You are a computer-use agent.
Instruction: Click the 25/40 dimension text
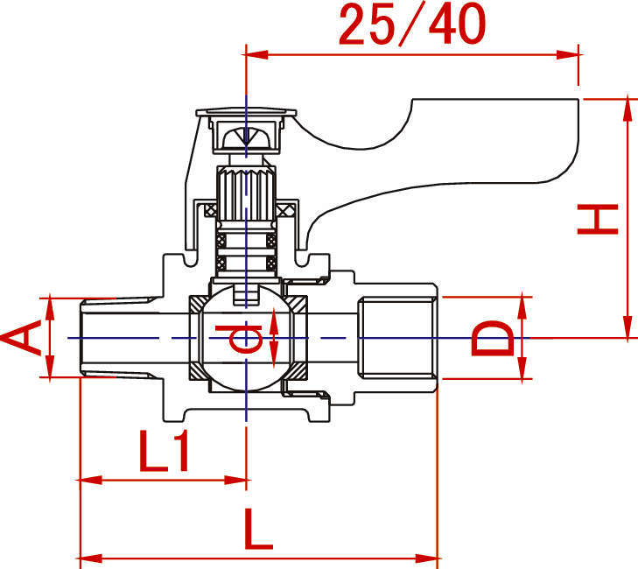point(412,25)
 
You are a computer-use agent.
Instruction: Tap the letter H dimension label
point(598,220)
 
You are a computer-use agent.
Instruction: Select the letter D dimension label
point(493,338)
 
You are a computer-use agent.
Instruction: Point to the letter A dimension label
point(21,337)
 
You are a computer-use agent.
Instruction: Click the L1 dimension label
point(164,452)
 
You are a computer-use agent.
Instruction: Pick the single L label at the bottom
point(257,529)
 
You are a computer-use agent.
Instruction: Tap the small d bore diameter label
point(239,339)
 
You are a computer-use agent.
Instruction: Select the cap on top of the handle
point(246,112)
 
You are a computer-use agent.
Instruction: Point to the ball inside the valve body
point(246,338)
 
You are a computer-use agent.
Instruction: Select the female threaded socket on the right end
point(397,338)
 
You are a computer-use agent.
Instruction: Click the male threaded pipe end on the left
point(122,338)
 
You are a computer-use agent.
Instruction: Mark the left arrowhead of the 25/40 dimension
point(256,54)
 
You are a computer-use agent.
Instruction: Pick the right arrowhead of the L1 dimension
point(235,481)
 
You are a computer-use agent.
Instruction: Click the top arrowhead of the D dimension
point(522,308)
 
